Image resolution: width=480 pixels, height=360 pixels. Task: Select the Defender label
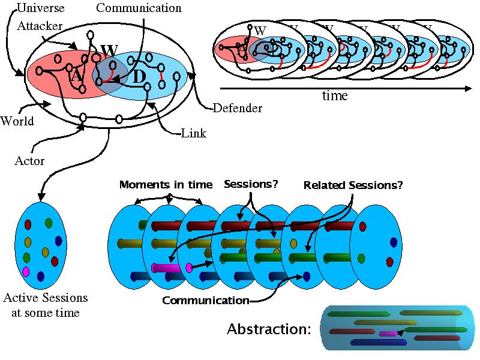pos(238,109)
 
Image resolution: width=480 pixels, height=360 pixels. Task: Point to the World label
pos(17,121)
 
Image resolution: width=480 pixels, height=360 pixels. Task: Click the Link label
pos(193,133)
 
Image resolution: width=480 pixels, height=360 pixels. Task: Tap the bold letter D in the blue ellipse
pos(139,77)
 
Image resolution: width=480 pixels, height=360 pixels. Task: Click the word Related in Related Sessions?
pos(324,185)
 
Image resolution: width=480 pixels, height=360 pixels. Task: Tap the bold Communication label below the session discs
pos(206,300)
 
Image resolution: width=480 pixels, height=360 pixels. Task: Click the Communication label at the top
pos(139,8)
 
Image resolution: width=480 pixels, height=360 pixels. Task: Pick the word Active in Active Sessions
pos(19,298)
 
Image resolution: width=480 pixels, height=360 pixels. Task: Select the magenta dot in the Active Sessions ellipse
pos(26,271)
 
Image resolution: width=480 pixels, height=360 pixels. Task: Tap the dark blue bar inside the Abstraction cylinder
pos(378,343)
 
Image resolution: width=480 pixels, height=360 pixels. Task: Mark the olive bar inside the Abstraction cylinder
pos(377,322)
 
